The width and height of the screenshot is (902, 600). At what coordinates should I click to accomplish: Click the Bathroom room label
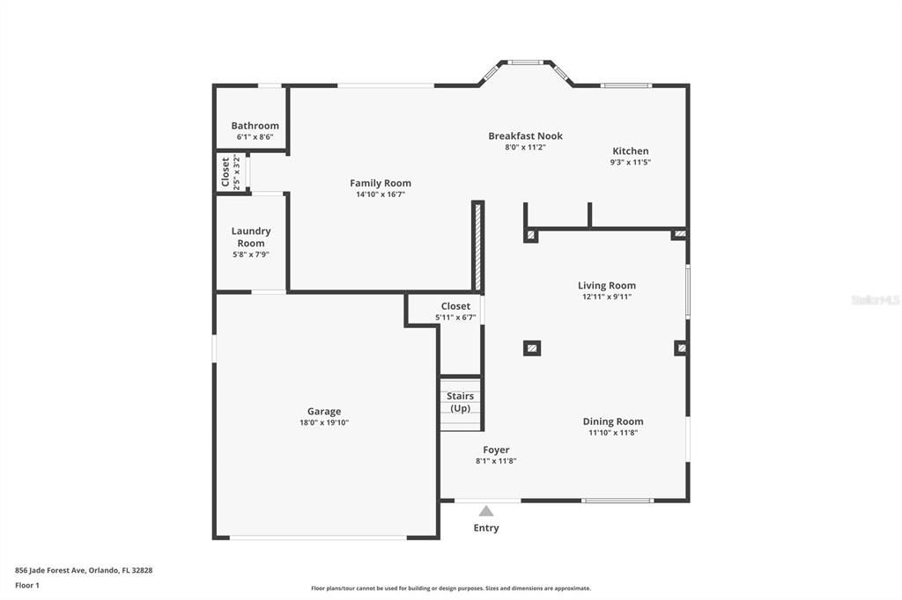coord(255,126)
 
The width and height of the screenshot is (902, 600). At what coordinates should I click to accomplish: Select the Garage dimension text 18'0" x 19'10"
coord(324,423)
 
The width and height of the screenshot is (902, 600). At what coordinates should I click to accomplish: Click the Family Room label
coord(381,183)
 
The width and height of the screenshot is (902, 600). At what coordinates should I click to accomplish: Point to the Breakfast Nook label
coord(525,135)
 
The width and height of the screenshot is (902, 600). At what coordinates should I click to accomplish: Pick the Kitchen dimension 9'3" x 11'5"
coord(631,163)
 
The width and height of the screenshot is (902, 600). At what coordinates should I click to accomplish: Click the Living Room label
coord(606,285)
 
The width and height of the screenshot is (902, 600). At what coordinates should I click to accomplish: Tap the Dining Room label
coord(612,421)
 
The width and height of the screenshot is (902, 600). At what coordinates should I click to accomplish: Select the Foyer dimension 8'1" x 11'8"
coord(496,461)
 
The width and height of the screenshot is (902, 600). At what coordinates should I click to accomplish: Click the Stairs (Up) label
coord(460,402)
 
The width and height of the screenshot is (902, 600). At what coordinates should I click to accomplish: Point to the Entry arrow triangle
coord(486,510)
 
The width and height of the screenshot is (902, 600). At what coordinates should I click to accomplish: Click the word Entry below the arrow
coord(486,528)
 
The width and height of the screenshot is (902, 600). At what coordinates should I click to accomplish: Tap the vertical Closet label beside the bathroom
coord(225,172)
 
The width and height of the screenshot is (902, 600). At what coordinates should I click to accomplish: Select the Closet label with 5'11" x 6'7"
coord(455,306)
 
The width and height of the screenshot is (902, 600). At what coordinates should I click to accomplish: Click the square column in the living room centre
coord(532,348)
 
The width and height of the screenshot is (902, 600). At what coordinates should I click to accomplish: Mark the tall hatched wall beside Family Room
coord(477,247)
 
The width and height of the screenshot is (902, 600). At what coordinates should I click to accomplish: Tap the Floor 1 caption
coord(27,585)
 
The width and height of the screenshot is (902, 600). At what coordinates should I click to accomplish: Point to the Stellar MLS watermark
coord(875,300)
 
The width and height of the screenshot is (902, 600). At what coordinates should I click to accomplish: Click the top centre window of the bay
coord(526,62)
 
